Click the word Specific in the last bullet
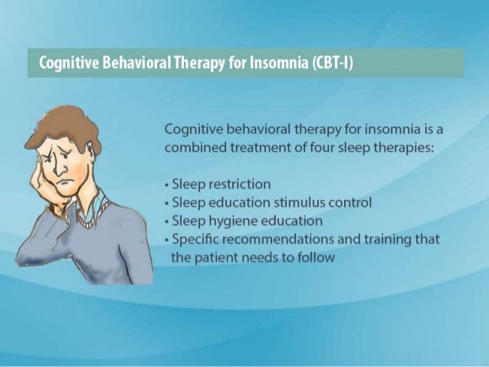pyautogui.click(x=195, y=239)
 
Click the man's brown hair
pyautogui.click(x=65, y=123)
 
